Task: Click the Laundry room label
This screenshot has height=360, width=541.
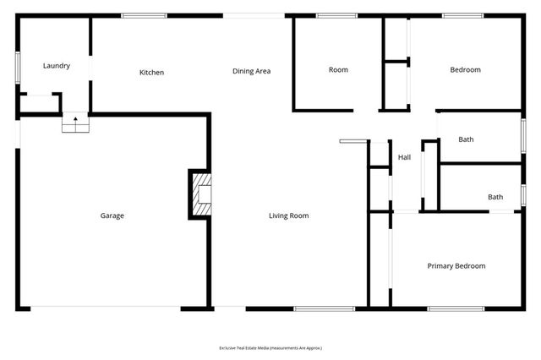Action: (57, 65)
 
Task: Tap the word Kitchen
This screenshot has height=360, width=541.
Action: (152, 73)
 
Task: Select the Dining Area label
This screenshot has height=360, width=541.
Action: (251, 71)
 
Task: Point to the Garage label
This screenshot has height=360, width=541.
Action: (112, 215)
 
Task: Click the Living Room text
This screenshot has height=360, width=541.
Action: (289, 215)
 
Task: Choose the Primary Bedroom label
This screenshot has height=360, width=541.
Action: (456, 266)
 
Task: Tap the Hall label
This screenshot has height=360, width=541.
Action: (405, 157)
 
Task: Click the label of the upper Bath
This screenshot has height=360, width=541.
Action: (466, 139)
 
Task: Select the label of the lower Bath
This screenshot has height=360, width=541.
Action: (495, 197)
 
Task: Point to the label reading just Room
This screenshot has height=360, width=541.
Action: (338, 70)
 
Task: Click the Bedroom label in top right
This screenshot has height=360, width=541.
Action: (465, 70)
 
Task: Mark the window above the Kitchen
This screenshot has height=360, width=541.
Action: (143, 15)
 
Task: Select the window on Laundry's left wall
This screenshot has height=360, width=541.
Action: (17, 68)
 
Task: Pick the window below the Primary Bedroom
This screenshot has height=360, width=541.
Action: (444, 308)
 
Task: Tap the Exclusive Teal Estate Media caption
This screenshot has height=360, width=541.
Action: (270, 347)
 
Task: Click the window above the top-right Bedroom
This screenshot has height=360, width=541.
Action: (463, 15)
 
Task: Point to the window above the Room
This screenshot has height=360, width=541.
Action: (336, 15)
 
